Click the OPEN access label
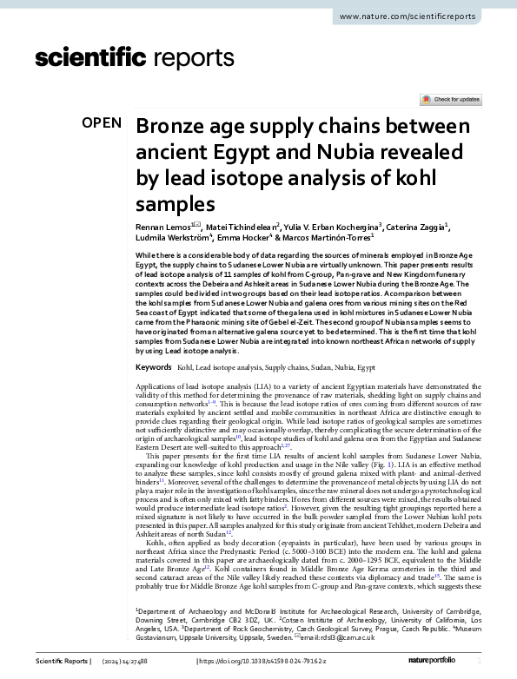(102, 123)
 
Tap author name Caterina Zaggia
(415, 225)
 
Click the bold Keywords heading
(153, 368)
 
